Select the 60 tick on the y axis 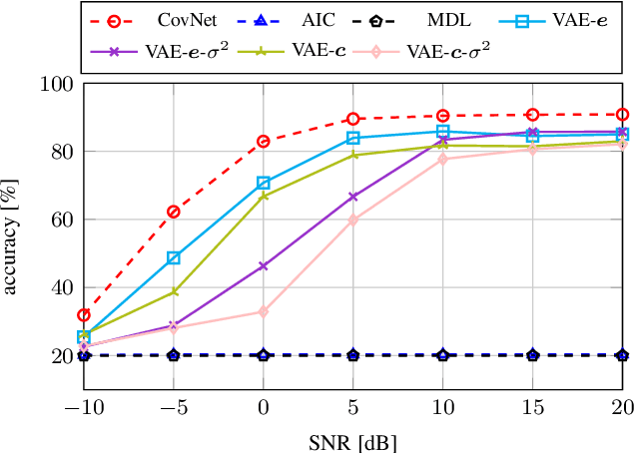[63, 220]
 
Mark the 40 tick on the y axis [63, 287]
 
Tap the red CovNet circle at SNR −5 [174, 212]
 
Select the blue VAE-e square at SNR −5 [174, 257]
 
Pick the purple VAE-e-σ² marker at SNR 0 [264, 266]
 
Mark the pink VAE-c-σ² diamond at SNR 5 [353, 220]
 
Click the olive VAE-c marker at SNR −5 [174, 291]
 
